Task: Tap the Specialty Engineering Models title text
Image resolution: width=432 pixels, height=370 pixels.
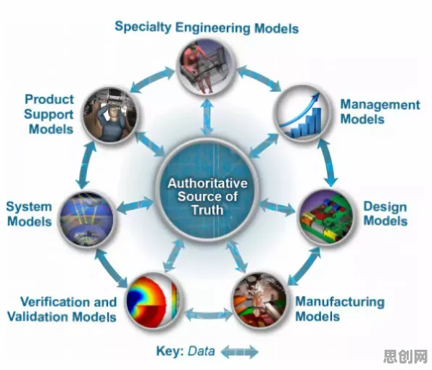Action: click(207, 28)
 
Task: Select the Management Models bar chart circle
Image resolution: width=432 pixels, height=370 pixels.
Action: click(302, 114)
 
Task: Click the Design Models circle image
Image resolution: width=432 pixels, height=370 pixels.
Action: click(327, 217)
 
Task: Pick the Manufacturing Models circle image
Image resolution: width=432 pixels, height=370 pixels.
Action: click(260, 300)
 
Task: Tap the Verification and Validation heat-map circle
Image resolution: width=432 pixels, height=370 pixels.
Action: click(153, 301)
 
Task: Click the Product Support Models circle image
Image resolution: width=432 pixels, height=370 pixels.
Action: click(110, 115)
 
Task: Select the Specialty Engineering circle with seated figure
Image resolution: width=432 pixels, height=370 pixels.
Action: click(206, 67)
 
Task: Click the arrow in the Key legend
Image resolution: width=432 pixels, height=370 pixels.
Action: click(239, 352)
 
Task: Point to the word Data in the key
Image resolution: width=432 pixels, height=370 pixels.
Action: click(201, 351)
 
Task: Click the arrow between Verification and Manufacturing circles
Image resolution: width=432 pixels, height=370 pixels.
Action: click(209, 314)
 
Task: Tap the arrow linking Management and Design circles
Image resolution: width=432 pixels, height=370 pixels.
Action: click(327, 163)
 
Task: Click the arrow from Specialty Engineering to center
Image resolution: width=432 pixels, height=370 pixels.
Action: click(207, 117)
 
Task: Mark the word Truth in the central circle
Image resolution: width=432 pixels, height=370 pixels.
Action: click(207, 210)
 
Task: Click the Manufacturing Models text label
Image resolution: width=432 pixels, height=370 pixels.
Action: click(340, 309)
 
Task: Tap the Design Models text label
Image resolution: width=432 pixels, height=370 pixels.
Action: click(385, 214)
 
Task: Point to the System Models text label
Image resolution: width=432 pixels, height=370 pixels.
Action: click(29, 214)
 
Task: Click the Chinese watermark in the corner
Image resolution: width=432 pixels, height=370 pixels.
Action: click(405, 357)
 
